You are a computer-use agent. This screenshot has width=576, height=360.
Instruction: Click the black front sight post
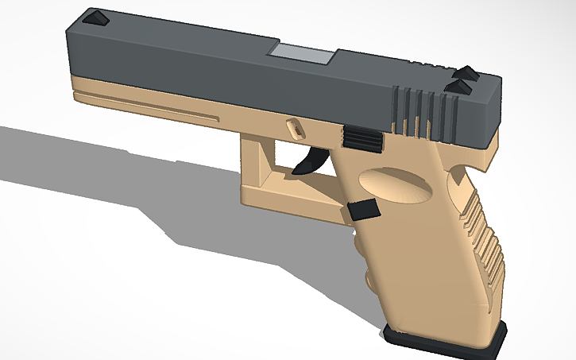(x=96, y=18)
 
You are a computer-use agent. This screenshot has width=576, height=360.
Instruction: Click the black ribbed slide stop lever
(x=363, y=138)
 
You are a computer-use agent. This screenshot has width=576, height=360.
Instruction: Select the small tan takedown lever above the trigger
(x=292, y=126)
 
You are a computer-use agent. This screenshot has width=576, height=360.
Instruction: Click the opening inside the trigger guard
(x=278, y=159)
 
